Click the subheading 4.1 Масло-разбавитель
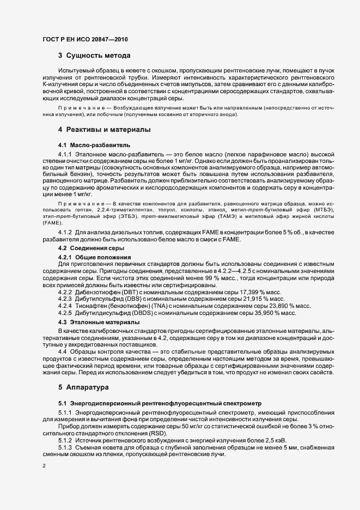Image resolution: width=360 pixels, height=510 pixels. pyautogui.click(x=86, y=145)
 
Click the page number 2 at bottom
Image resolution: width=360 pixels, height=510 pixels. pyautogui.click(x=44, y=466)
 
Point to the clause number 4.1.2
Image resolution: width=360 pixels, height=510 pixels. pyautogui.click(x=66, y=233)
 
